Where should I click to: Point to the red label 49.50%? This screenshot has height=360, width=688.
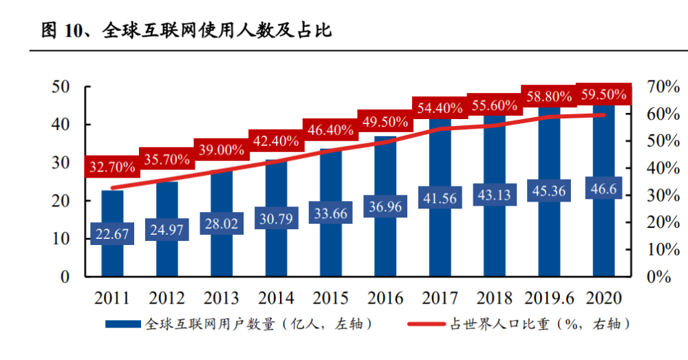point(385,122)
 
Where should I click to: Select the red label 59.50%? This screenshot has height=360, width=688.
point(603,94)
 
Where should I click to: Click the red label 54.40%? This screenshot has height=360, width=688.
point(440,107)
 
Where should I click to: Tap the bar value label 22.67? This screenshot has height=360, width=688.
point(112,234)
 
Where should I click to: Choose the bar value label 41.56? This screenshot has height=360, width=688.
point(440,199)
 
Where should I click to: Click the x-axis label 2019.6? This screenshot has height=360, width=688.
point(548,298)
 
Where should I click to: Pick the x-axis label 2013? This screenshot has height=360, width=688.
point(221,298)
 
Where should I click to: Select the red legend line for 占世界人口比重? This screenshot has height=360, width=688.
point(427,324)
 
